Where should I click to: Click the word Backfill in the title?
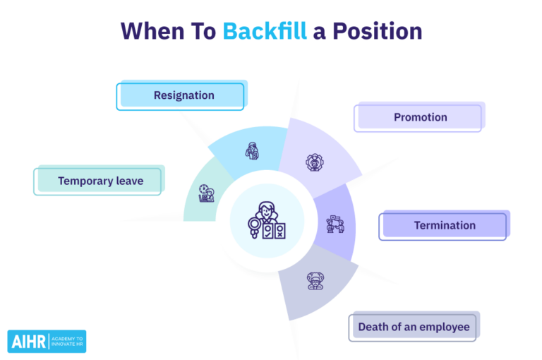265,30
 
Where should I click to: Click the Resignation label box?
181,95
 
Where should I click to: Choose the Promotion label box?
420,117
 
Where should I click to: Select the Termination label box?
444,226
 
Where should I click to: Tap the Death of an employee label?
414,327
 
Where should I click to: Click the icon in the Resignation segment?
252,150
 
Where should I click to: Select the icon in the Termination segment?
334,225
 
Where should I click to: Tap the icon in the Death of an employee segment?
314,280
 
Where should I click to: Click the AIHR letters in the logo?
28,342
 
